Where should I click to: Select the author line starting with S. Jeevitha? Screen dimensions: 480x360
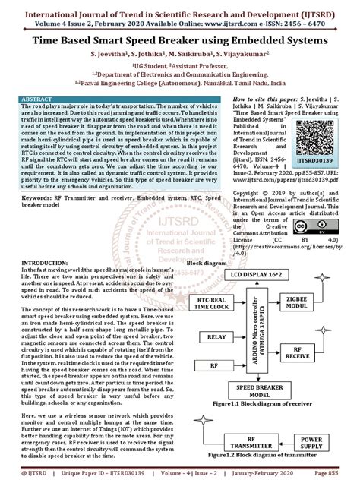click(179, 55)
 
